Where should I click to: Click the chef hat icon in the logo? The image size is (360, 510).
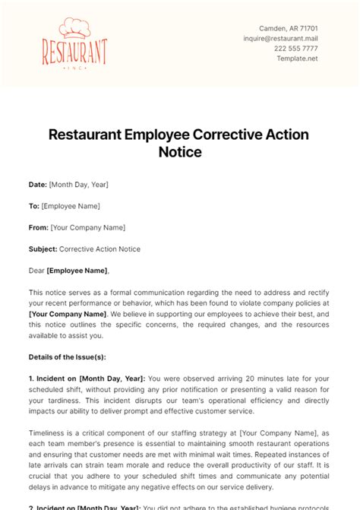(x=65, y=28)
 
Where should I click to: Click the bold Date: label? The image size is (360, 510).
(x=37, y=185)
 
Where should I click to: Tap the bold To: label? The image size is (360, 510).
(x=34, y=206)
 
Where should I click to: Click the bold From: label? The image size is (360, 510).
(x=39, y=227)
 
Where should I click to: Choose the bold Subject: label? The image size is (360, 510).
(x=43, y=249)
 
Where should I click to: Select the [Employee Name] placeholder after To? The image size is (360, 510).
(x=71, y=206)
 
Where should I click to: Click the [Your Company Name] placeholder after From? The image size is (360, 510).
(x=87, y=227)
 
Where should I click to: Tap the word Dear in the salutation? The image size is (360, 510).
(x=36, y=271)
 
